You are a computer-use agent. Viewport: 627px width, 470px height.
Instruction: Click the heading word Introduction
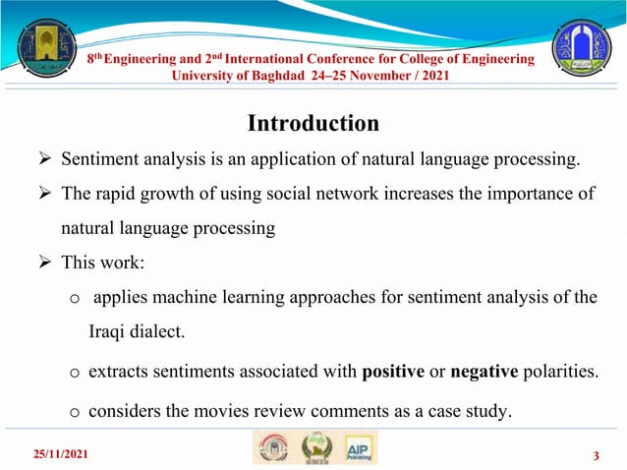point(313,124)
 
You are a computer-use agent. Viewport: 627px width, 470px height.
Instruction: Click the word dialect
point(152,332)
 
